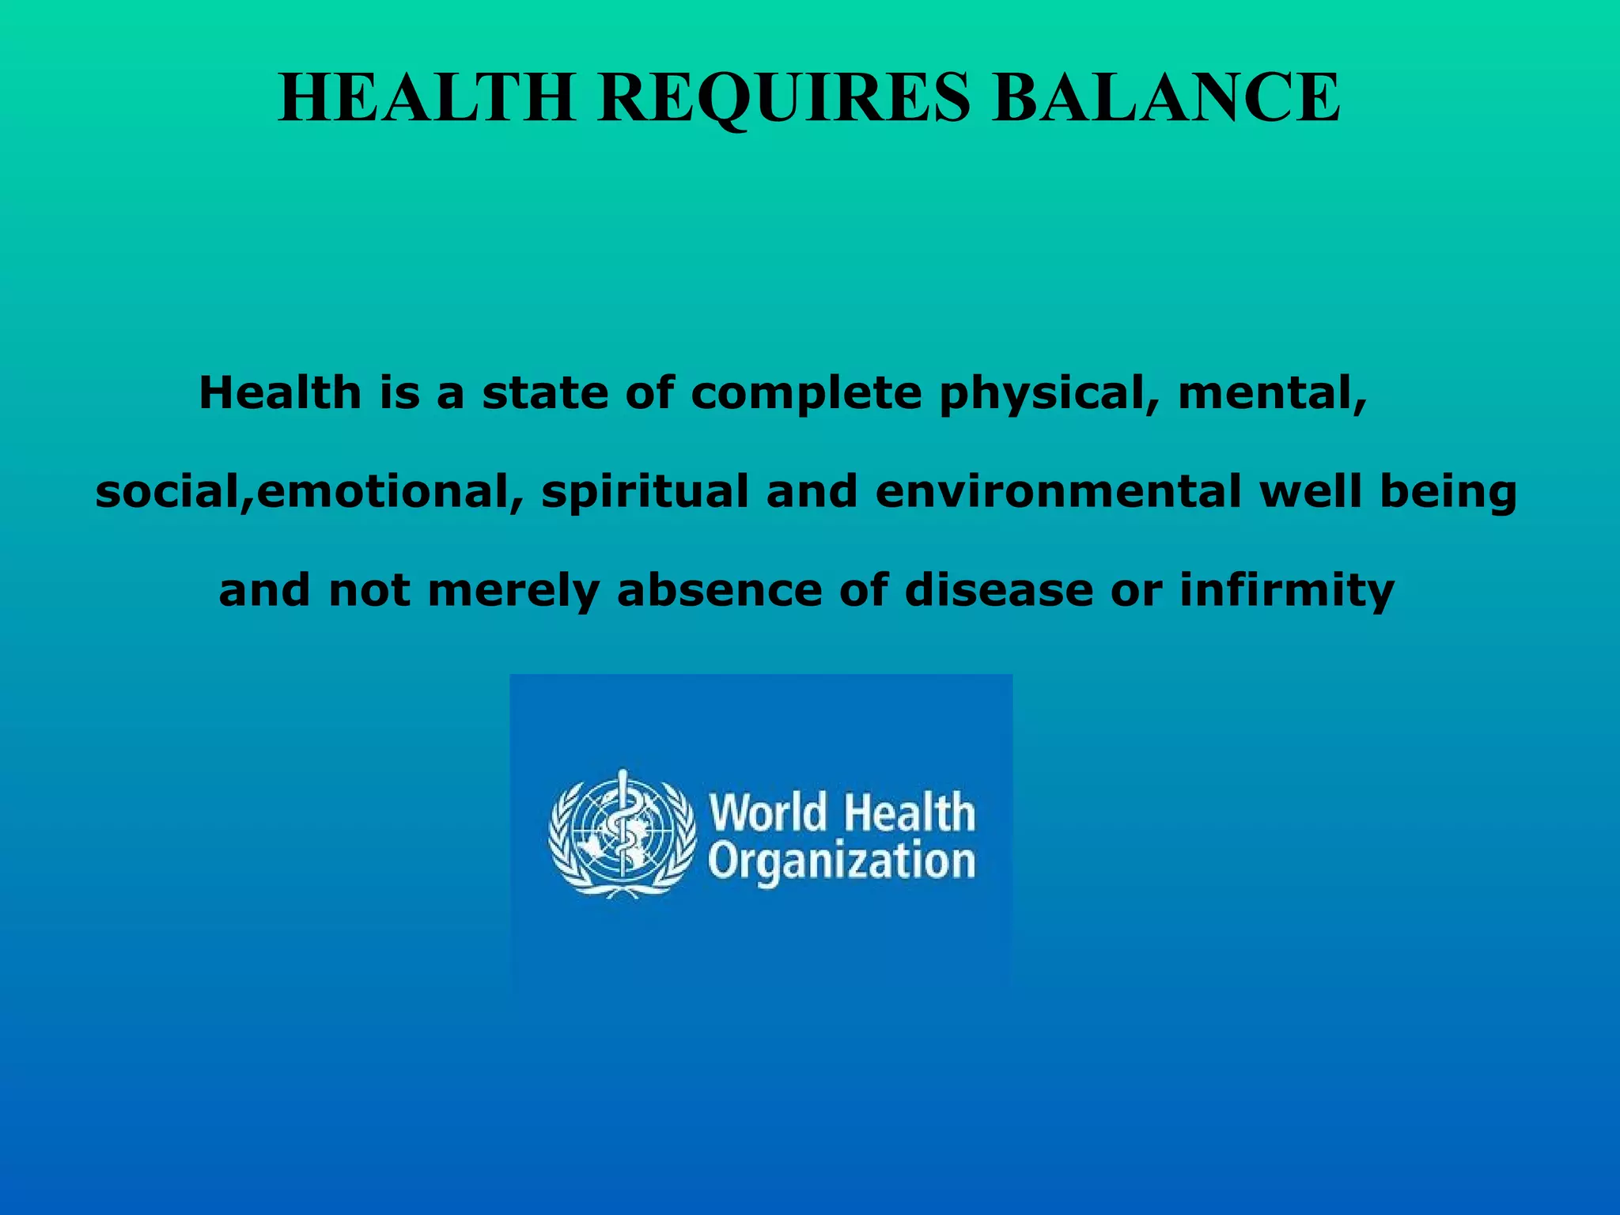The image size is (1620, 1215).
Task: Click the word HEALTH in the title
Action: tap(427, 98)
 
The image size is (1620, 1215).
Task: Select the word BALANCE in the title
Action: tap(1167, 98)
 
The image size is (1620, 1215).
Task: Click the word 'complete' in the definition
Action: tap(806, 394)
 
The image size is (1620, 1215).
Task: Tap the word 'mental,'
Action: tap(1272, 394)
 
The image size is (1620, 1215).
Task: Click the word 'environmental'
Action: tap(1058, 491)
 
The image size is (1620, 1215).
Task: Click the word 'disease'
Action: tap(997, 590)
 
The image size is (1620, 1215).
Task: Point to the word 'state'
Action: tap(545, 394)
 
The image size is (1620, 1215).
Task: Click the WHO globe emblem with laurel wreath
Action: tap(623, 835)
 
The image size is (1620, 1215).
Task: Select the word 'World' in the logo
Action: tap(768, 813)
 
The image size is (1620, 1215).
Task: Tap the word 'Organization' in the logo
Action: tap(842, 863)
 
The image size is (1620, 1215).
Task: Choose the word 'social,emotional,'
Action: tap(309, 493)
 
